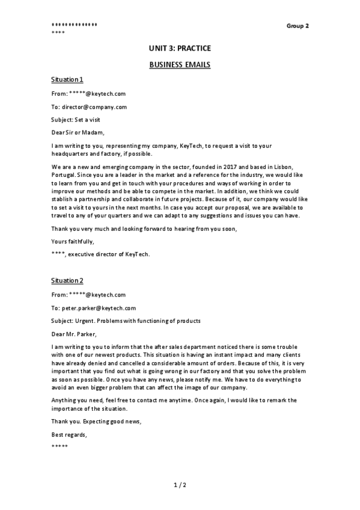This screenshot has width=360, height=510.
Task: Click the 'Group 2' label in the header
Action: tap(297, 26)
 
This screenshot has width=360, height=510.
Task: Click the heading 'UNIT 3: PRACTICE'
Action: tap(180, 48)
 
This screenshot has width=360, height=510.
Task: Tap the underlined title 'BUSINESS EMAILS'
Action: tap(180, 64)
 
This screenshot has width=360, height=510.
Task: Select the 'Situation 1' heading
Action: tap(67, 79)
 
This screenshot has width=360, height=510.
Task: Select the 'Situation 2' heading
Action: tap(67, 280)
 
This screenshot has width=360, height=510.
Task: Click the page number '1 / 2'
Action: tap(180, 484)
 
